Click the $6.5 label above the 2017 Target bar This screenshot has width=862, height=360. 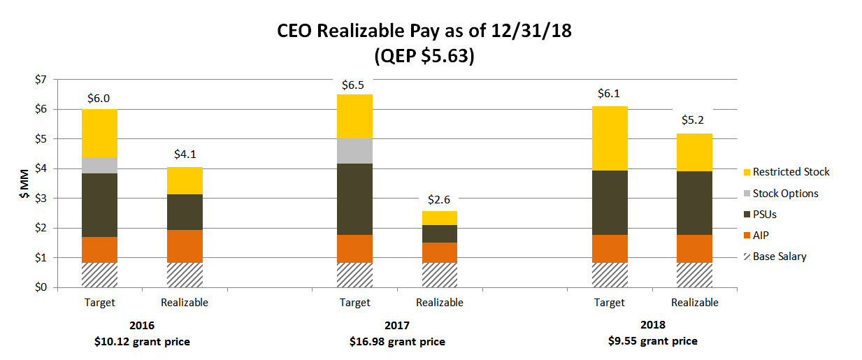354,85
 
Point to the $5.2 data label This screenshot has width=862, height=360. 694,120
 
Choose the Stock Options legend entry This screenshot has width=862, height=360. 786,194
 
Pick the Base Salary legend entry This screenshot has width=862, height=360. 780,257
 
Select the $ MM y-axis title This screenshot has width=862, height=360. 24,183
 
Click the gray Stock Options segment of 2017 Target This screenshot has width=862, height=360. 354,151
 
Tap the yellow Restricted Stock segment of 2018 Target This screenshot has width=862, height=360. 610,138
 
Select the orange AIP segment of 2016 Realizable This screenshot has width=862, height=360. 185,246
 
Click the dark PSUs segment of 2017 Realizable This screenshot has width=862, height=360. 440,233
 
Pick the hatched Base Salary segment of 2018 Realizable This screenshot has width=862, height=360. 694,275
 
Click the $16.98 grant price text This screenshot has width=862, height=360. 397,342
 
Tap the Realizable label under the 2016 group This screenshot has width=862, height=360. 185,303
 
